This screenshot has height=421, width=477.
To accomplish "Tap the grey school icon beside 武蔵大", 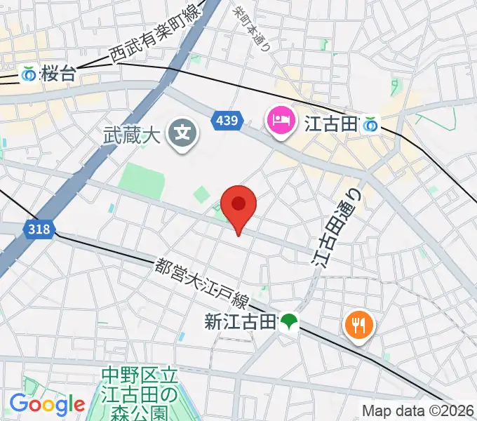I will point(184,131).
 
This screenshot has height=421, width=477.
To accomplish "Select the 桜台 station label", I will point(58,74).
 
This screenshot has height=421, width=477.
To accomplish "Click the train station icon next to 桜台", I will point(29,73).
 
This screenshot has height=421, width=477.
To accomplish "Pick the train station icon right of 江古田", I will point(370,125).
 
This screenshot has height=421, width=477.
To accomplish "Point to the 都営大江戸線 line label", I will point(202,282).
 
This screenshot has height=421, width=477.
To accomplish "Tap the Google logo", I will point(47,403).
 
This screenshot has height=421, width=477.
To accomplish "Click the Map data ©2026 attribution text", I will point(418,410).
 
